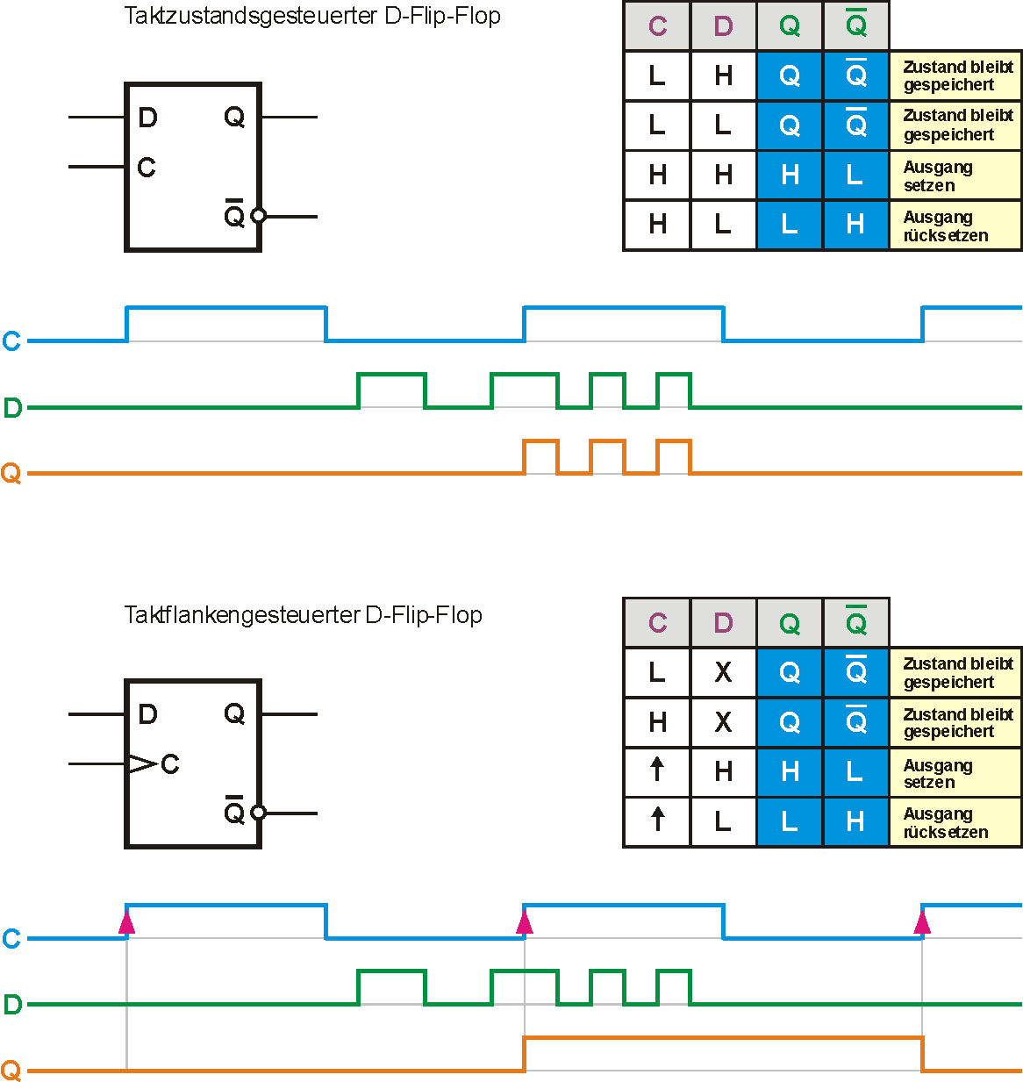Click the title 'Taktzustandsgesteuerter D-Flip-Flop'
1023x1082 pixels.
pos(312,17)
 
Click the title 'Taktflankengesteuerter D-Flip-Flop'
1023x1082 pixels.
pos(303,614)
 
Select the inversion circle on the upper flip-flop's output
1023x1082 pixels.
pos(258,215)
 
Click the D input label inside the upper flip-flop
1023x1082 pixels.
pos(147,118)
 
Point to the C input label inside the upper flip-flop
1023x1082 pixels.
pos(147,167)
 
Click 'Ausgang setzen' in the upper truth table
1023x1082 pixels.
pos(938,176)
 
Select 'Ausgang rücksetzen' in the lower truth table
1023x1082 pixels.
pos(945,823)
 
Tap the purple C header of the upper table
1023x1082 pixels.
pos(657,26)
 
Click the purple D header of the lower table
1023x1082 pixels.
pos(723,623)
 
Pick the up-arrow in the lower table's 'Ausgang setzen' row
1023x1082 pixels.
pos(657,770)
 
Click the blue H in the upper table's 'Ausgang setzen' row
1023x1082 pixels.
pos(790,176)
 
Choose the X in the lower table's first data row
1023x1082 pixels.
pos(723,672)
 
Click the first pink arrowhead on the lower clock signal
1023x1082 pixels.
pos(127,922)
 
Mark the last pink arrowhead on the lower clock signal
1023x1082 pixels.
pos(922,922)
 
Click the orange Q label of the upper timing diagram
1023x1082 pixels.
pos(11,474)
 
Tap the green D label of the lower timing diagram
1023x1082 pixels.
pos(12,1005)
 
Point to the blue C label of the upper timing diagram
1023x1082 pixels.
pos(11,341)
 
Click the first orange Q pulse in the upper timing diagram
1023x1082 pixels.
pos(540,456)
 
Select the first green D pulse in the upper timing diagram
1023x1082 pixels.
pos(391,390)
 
